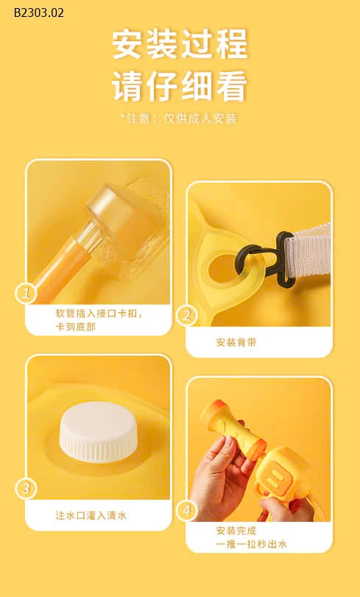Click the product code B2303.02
(38, 13)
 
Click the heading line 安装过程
(180, 44)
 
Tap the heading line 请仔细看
(180, 86)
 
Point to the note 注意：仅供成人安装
(180, 118)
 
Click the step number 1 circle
(26, 294)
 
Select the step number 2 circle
(187, 316)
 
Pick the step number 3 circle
(26, 489)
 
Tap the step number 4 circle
(187, 510)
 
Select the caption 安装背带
(236, 342)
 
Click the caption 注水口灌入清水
(91, 515)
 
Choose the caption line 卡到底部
(76, 326)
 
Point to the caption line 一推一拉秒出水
(251, 544)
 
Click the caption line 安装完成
(236, 531)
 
